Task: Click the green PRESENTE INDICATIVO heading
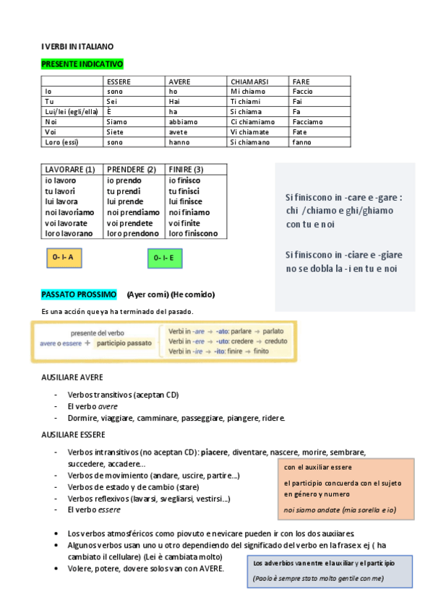point(82,64)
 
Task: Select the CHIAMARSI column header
point(249,82)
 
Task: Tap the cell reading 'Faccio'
point(303,92)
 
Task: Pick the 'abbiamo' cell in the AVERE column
point(183,122)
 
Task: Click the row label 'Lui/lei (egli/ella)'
point(71,112)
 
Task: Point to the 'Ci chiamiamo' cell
point(252,122)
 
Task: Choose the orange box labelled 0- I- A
point(64,257)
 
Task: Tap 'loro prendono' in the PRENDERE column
point(133,234)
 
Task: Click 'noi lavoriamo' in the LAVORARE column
point(69,212)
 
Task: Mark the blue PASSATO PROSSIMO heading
point(79,294)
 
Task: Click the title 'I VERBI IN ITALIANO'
point(77,46)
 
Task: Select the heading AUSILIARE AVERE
point(72,377)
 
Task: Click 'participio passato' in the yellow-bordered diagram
point(124,344)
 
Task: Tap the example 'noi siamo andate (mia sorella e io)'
point(339,510)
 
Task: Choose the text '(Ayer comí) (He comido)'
point(171,294)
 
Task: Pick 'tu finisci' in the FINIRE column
point(186,191)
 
